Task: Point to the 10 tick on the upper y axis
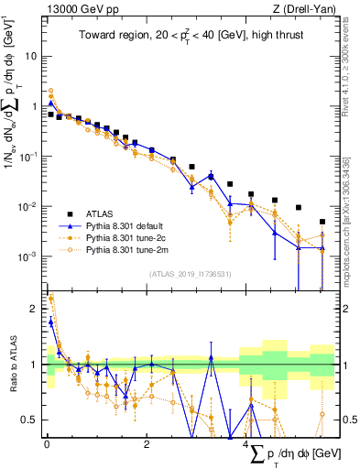(x=31, y=56)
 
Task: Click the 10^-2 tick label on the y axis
(x=29, y=207)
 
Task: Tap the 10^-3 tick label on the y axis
(x=29, y=257)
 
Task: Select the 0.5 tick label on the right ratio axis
(x=347, y=420)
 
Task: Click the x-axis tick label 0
(x=46, y=445)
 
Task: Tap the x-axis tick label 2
(x=147, y=445)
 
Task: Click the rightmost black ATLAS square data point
(x=322, y=222)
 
